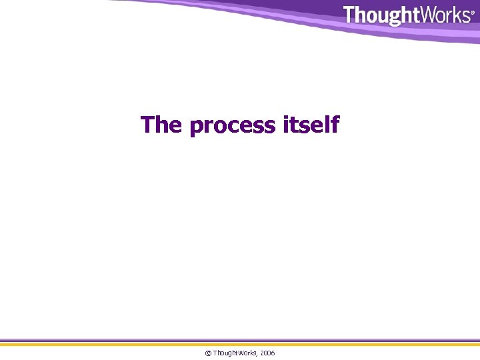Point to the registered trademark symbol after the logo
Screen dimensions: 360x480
click(x=473, y=12)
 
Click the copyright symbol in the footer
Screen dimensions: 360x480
click(x=207, y=352)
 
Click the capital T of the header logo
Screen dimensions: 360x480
click(x=350, y=15)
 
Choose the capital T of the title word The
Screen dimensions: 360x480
click(x=148, y=124)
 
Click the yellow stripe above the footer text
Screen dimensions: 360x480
click(x=240, y=343)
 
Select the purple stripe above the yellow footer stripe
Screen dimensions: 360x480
click(x=240, y=339)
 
